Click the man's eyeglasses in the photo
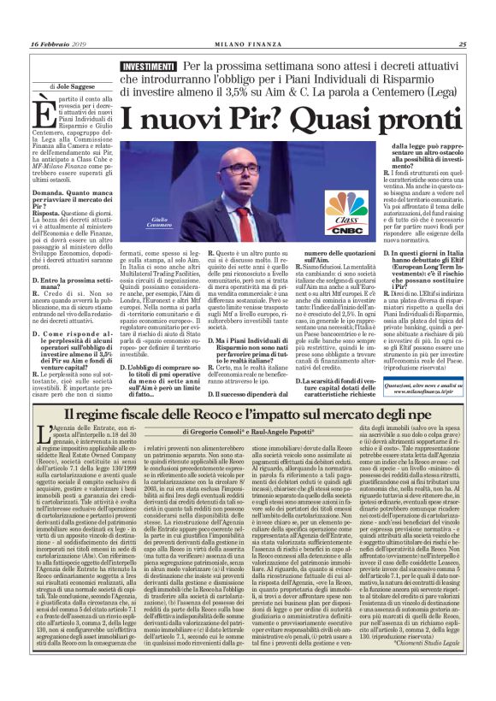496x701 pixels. [238, 169]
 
